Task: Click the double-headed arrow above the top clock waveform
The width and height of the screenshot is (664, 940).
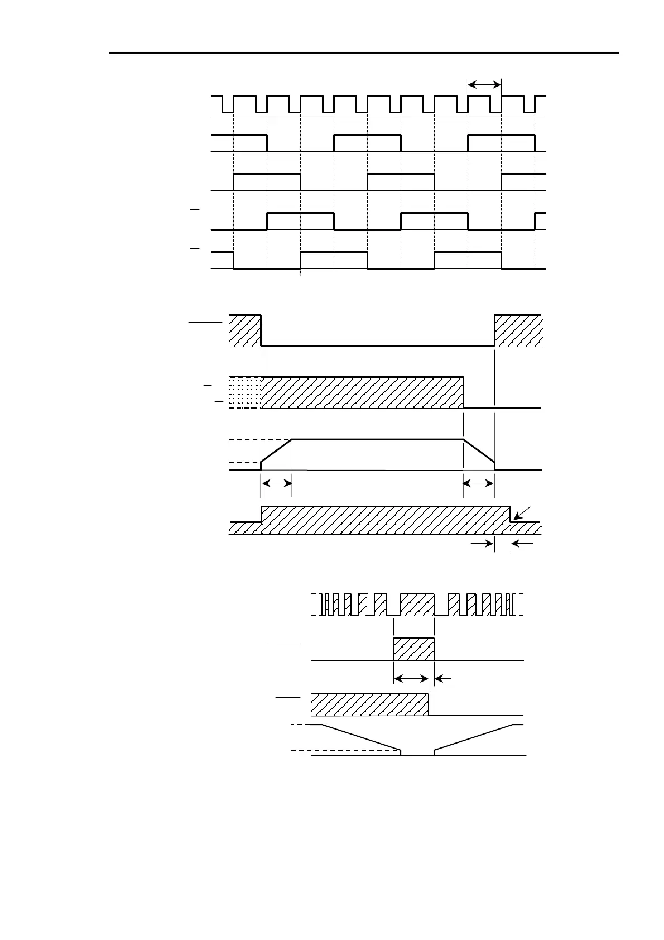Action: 484,84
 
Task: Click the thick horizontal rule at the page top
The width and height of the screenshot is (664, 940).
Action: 364,54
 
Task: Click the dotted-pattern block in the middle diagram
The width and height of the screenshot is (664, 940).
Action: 244,392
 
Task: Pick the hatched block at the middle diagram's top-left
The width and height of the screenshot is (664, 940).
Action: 245,331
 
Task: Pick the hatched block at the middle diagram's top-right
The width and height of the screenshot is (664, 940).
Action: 517,331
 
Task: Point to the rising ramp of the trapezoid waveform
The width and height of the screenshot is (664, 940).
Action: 277,451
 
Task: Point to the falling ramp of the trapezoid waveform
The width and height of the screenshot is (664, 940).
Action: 479,451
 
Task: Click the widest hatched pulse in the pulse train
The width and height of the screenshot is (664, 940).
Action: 417,605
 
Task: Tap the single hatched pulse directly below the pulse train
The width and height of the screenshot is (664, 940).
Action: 413,649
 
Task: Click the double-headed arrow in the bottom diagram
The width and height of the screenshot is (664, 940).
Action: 411,678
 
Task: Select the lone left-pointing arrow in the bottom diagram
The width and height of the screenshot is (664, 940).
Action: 442,678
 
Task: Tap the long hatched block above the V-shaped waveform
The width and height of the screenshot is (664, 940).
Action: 369,704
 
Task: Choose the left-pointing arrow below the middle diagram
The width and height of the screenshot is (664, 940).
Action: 522,542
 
